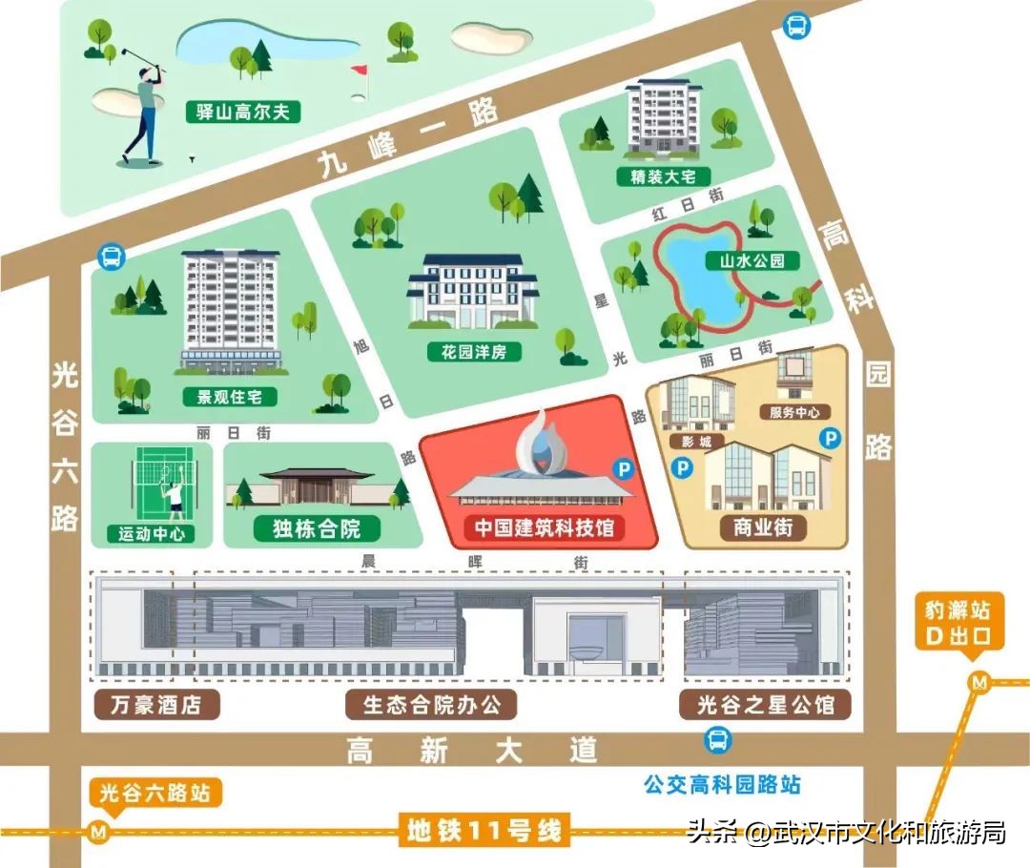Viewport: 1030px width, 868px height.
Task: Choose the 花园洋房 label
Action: [474, 352]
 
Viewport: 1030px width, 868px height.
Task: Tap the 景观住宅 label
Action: [230, 397]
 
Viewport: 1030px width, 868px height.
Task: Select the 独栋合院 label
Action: [318, 527]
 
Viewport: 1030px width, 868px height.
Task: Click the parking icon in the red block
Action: [623, 468]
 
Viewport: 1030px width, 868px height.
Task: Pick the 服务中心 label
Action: [793, 412]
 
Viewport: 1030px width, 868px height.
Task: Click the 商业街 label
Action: [770, 527]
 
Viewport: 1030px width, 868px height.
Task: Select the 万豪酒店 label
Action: [157, 705]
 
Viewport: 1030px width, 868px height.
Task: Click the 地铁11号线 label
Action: [484, 831]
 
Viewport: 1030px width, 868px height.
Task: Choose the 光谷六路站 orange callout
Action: [156, 793]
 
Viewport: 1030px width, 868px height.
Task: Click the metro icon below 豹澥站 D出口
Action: [978, 681]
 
